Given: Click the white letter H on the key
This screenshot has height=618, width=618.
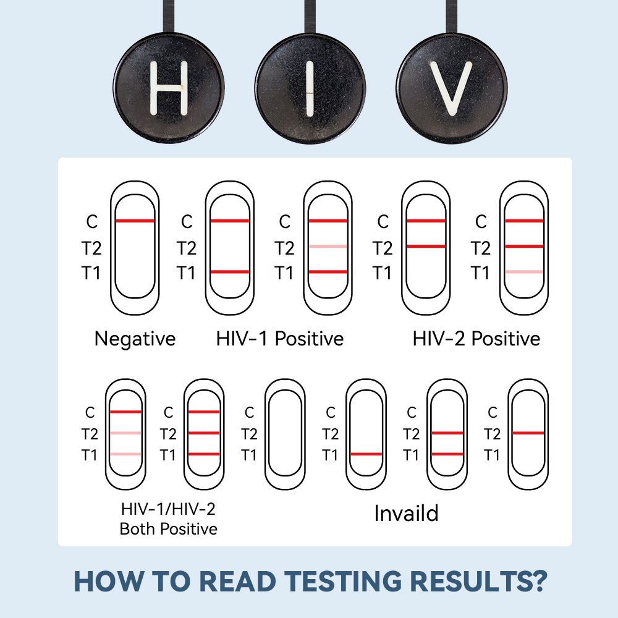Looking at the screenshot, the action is (x=169, y=88).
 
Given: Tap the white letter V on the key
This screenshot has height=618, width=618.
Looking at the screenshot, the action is (x=451, y=88).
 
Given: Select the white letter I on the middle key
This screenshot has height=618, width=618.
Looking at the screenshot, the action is (x=310, y=88).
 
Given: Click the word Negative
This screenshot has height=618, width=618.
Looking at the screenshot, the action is (x=135, y=339).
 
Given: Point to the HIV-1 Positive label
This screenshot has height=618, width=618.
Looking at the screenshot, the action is (x=280, y=339).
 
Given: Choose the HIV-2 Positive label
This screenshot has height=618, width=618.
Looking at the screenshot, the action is (x=476, y=339).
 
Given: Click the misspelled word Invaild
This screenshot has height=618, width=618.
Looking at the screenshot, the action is (x=406, y=514).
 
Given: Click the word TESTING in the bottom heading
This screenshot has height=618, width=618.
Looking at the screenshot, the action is (x=343, y=581).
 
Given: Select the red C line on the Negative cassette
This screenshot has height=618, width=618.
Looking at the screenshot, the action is (x=135, y=221).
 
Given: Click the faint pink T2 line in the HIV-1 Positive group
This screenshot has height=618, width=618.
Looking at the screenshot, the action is (x=328, y=247).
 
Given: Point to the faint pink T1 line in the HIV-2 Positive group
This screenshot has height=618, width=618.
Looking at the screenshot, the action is (x=524, y=271).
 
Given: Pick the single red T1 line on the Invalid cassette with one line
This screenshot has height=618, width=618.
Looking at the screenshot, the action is (x=366, y=454).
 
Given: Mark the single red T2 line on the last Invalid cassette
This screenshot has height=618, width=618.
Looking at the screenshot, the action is (x=528, y=433).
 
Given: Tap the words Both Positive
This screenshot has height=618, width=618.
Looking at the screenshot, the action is (x=168, y=529).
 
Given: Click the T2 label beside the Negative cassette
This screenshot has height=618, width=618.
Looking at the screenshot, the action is (x=91, y=248).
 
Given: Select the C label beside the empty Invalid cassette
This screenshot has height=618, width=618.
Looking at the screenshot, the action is (x=250, y=413).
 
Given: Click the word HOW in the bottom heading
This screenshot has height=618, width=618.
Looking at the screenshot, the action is (x=108, y=581).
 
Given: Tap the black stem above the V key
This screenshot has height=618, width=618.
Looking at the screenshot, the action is (x=452, y=17).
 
